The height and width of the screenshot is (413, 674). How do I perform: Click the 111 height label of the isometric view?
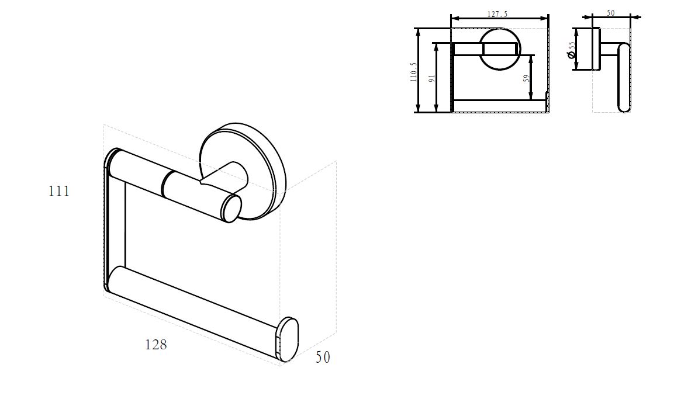[59, 191]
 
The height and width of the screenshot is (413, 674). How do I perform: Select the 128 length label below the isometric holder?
[155, 345]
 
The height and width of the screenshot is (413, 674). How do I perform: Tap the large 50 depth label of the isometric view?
[323, 357]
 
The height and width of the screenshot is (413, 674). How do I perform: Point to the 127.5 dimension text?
[497, 14]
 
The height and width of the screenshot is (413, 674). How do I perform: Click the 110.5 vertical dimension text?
[413, 72]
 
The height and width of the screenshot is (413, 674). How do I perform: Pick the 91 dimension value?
[431, 78]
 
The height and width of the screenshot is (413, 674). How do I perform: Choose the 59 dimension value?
[526, 78]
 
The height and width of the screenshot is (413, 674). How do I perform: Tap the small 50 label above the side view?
[611, 13]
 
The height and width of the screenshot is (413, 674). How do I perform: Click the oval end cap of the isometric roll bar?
[288, 339]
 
